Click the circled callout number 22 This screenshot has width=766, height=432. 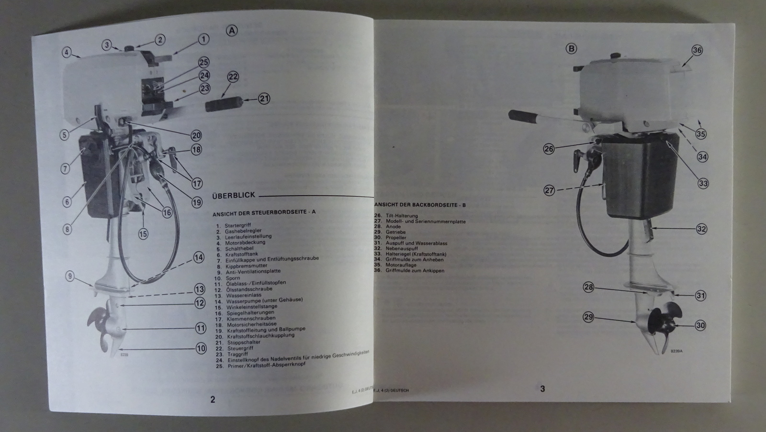[x=233, y=77]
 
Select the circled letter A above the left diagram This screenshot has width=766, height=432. [x=231, y=31]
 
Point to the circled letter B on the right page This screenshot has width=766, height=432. [x=571, y=48]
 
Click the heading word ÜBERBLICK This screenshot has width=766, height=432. [x=233, y=195]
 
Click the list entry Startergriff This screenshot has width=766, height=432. [x=237, y=225]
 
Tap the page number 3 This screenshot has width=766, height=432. [x=542, y=389]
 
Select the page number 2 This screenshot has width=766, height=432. [x=213, y=399]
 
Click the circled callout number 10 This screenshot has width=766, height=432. [x=201, y=349]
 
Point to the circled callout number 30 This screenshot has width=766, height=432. [x=700, y=325]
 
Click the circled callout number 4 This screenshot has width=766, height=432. [x=67, y=52]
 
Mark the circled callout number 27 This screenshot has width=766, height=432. [x=549, y=190]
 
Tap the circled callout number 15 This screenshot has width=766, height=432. [x=143, y=234]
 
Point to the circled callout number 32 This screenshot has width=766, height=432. [x=701, y=229]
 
